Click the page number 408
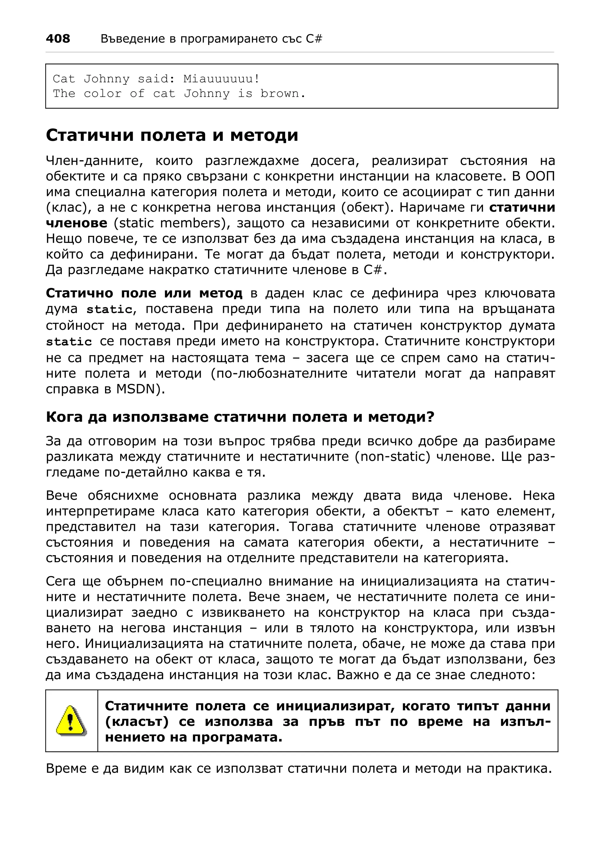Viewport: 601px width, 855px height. (x=58, y=39)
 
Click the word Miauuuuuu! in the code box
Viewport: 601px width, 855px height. (x=222, y=79)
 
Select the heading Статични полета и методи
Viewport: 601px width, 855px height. (x=172, y=135)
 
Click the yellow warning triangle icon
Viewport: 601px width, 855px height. (x=71, y=721)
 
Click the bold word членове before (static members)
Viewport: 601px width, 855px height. (x=76, y=223)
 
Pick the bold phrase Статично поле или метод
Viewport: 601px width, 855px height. (x=144, y=293)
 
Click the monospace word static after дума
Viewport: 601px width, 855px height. (x=109, y=310)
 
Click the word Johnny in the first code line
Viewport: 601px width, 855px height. (x=107, y=79)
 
